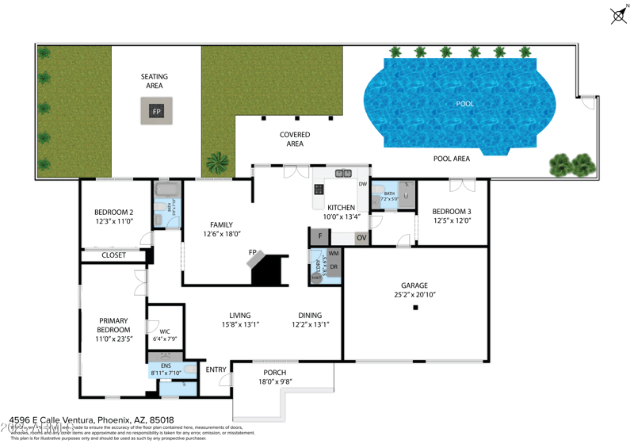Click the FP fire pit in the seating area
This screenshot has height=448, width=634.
[x=156, y=111]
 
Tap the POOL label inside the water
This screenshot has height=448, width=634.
[x=465, y=104]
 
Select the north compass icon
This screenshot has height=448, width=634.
[x=619, y=14]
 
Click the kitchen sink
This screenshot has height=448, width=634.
[x=343, y=174]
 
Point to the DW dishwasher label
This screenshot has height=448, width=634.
[x=362, y=185]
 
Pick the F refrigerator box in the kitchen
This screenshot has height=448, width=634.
[x=319, y=236]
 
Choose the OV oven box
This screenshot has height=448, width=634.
[x=361, y=237]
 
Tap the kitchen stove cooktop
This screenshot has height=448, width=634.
[x=319, y=190]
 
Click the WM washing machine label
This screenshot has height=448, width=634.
[x=333, y=254]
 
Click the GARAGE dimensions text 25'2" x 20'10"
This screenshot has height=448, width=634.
[x=414, y=295]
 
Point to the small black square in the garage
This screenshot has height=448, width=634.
[x=414, y=307]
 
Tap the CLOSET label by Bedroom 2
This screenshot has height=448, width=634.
[x=114, y=255]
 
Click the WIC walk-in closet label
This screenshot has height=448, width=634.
[x=165, y=331]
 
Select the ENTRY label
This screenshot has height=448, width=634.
[x=216, y=370]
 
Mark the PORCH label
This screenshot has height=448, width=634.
[x=274, y=373]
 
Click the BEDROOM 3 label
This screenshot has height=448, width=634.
[x=452, y=212]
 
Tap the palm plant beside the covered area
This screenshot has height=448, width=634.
[x=216, y=163]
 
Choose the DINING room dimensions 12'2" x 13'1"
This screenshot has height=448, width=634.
[x=310, y=324]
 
